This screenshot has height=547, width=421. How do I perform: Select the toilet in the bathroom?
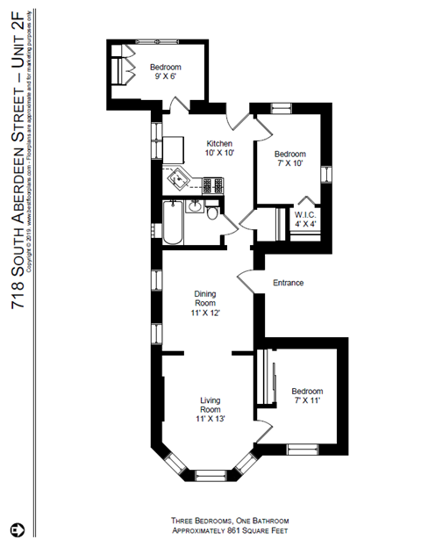click(213, 214)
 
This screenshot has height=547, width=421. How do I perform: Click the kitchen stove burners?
click(213, 184)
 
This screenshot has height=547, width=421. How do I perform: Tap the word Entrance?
click(289, 283)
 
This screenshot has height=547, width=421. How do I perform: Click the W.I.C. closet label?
click(305, 218)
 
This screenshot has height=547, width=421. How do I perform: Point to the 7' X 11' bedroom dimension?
click(307, 400)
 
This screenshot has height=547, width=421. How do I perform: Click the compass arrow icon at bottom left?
click(17, 530)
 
